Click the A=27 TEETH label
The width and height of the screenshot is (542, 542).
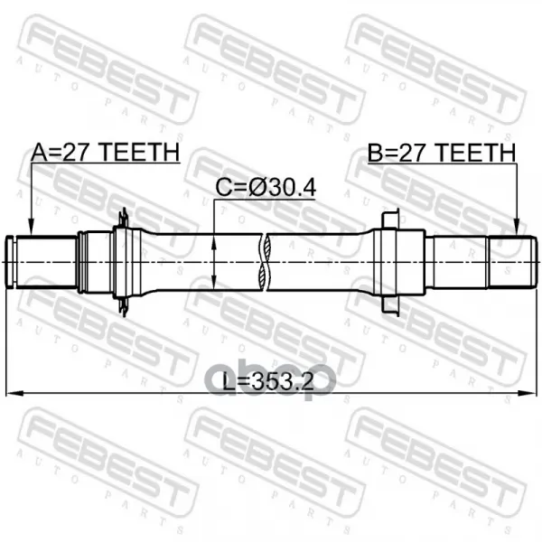(x=106, y=152)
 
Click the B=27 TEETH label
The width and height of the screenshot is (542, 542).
(x=442, y=153)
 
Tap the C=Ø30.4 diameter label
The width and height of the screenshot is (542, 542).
(x=266, y=188)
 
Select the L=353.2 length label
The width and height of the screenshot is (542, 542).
(x=268, y=382)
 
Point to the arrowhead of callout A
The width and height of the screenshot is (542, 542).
(x=31, y=229)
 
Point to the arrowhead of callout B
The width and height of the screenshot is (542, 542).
(x=517, y=229)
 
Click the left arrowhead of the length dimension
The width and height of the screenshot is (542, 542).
(x=14, y=393)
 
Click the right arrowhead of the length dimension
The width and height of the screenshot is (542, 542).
(x=528, y=393)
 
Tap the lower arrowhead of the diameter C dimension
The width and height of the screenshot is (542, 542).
(x=214, y=281)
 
